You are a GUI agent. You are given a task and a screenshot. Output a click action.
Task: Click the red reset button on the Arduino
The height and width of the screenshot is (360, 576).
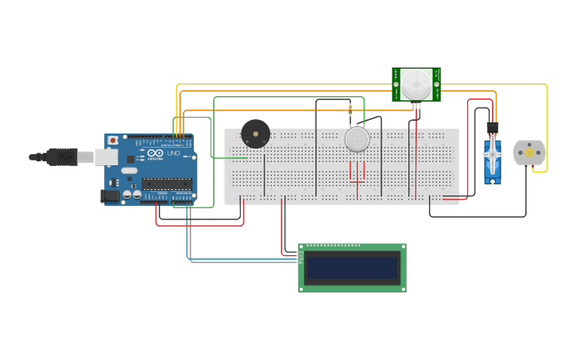pyautogui.click(x=113, y=141)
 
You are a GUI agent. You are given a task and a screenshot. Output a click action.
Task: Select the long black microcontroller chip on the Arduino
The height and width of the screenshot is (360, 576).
pyautogui.click(x=167, y=184)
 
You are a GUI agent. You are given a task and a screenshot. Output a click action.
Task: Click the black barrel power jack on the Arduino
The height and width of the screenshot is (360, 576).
pyautogui.click(x=110, y=195)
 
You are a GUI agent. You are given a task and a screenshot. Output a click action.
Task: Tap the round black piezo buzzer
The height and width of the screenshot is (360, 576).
pyautogui.click(x=255, y=134)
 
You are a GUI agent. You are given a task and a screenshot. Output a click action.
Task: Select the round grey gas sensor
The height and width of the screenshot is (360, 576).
pyautogui.click(x=358, y=141)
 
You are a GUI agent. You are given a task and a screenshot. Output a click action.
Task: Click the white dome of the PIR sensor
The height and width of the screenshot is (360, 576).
pyautogui.click(x=416, y=83)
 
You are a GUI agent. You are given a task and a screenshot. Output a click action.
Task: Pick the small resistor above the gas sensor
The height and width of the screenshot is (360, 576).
pyautogui.click(x=350, y=109)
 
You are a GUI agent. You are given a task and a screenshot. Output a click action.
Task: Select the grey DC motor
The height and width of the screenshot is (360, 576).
pyautogui.click(x=528, y=153)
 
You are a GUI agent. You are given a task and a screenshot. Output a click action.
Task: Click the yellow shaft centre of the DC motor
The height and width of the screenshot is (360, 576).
pyautogui.click(x=528, y=153)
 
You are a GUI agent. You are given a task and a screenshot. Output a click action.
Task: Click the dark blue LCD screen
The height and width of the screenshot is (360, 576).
pyautogui.click(x=352, y=269)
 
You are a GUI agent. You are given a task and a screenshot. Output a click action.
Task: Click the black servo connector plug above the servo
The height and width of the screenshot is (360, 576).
pyautogui.click(x=493, y=126)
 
